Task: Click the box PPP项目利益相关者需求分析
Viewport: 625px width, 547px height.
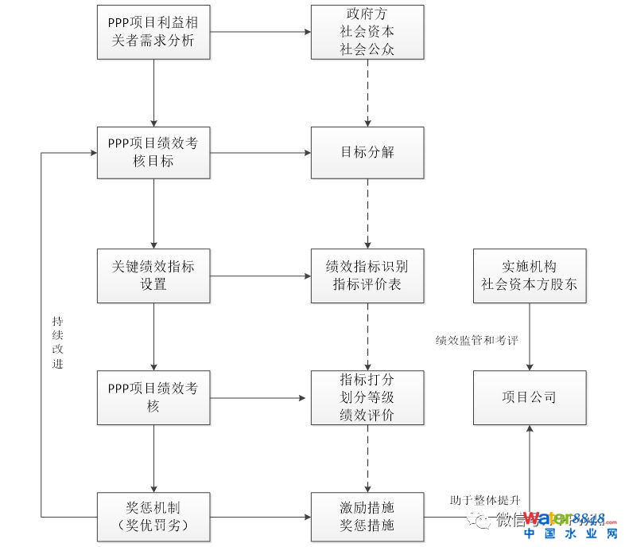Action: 154,33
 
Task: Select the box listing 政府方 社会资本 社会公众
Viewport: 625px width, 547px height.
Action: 367,33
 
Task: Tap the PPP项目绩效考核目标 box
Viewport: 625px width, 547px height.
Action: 154,152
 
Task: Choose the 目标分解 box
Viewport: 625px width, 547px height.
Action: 367,152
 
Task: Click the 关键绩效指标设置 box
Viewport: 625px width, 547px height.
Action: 154,275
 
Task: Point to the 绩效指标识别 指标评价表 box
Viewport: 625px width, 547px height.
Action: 367,275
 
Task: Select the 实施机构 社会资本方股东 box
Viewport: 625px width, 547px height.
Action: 530,275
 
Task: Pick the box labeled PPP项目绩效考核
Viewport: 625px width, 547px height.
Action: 154,397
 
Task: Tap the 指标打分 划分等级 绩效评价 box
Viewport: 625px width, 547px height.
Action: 367,397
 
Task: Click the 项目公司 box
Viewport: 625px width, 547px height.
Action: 530,397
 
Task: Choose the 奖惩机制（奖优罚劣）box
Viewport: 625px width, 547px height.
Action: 154,517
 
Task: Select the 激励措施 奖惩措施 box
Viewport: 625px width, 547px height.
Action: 367,517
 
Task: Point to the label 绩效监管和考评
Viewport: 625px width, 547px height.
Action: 477,340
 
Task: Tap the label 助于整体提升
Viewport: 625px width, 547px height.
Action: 484,500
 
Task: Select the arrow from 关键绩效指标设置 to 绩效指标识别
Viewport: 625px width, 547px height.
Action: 261,276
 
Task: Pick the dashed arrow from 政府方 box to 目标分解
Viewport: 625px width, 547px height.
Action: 367,92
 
